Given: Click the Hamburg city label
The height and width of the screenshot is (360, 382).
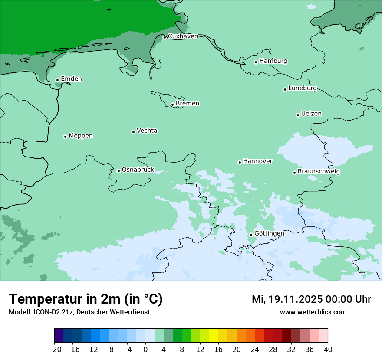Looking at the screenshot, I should coord(273,61).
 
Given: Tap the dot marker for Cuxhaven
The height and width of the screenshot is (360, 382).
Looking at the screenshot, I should coord(165,38).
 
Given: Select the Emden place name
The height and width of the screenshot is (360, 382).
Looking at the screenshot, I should coord(71,79).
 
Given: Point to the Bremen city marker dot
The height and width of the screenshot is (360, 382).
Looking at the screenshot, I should coord(172,105).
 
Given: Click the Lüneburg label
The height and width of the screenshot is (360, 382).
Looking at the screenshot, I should coord(302,88).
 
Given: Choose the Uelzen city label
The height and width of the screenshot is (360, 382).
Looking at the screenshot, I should coord(311,114).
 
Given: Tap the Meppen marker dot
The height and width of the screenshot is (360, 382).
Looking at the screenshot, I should coord(65,137).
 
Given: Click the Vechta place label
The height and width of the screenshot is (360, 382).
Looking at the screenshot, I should coord(147,131).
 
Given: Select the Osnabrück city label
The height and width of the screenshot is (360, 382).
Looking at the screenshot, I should coord(138,170).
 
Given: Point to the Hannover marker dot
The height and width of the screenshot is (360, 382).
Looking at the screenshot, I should coord(240,163).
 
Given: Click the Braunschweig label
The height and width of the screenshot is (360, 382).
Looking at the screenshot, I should coord(319,172).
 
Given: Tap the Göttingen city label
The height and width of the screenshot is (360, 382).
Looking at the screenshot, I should coord(269,233).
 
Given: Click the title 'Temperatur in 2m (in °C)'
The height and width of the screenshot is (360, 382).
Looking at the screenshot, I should coord(86,299).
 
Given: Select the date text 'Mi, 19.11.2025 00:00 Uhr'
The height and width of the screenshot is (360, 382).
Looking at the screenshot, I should coord(311,299).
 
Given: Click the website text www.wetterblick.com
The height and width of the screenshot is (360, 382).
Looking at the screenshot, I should coord(313,312).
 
